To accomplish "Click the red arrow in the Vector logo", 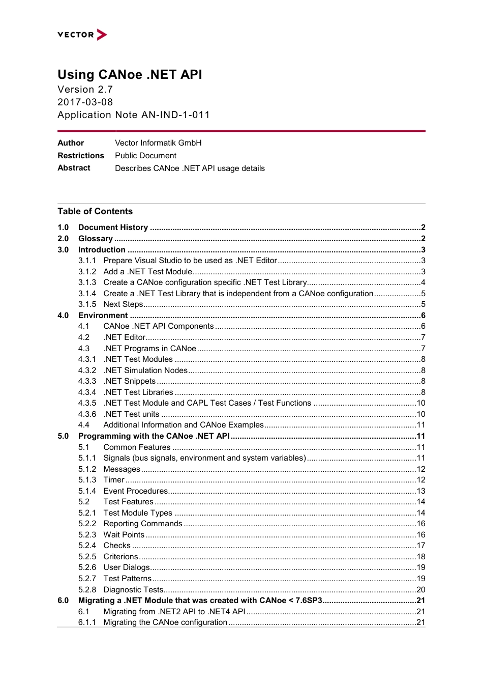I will pyautogui.click(x=102, y=35).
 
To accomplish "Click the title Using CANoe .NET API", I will pyautogui.click(x=130, y=75).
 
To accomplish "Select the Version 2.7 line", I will pyautogui.click(x=85, y=90).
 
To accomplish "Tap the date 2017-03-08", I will pyautogui.click(x=85, y=102).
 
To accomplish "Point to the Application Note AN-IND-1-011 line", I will pyautogui.click(x=133, y=115).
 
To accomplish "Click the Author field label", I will pyautogui.click(x=71, y=143).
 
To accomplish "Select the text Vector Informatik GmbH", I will pyautogui.click(x=158, y=143).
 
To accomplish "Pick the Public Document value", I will pyautogui.click(x=145, y=156).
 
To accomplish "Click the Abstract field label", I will pyautogui.click(x=74, y=168).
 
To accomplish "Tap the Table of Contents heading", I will pyautogui.click(x=95, y=211).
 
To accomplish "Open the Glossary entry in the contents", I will pyautogui.click(x=96, y=239).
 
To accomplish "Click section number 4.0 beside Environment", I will pyautogui.click(x=63, y=316).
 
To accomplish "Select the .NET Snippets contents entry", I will pyautogui.click(x=130, y=381).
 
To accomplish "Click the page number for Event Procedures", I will pyautogui.click(x=421, y=491).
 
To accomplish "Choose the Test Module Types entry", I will pyautogui.click(x=138, y=513).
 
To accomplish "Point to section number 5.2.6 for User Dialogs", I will pyautogui.click(x=87, y=567).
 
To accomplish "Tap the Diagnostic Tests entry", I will pyautogui.click(x=133, y=590).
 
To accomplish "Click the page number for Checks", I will pyautogui.click(x=421, y=546).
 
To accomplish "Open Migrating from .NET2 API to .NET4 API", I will pyautogui.click(x=174, y=612).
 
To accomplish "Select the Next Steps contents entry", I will pyautogui.click(x=124, y=304).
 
